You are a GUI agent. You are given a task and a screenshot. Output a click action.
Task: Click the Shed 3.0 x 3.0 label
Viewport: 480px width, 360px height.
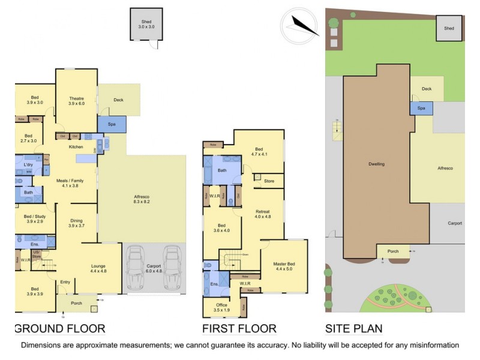point(146,24)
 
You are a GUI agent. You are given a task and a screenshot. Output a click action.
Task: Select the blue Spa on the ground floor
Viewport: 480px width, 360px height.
point(112,124)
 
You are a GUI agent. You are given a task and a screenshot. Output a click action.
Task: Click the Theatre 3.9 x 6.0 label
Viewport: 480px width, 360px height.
point(76,101)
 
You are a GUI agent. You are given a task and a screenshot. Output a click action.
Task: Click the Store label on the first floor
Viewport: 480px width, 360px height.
point(269,180)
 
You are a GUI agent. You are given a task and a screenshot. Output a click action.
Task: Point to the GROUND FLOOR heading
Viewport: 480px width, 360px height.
point(59,329)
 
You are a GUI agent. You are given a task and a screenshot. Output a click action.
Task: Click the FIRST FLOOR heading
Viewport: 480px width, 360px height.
point(239,329)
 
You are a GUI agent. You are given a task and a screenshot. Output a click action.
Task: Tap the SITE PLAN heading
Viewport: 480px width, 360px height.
point(353,329)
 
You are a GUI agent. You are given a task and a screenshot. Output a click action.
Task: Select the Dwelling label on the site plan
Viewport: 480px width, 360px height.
point(376,164)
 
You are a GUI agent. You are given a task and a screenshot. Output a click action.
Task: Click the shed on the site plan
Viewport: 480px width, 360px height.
point(449,28)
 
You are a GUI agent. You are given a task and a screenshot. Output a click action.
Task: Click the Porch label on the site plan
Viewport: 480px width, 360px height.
point(393,251)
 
